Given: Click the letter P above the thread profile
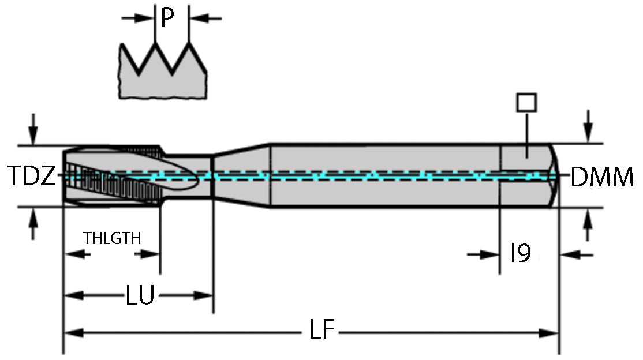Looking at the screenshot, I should (167, 18).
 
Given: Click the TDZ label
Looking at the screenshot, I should (32, 176).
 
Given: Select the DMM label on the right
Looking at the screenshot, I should (601, 178).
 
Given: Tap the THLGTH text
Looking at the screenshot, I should (112, 238).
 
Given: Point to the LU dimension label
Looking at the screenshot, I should (140, 296).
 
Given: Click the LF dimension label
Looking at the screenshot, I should (321, 331).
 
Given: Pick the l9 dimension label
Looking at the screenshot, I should (520, 254).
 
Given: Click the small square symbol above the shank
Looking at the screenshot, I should (526, 103).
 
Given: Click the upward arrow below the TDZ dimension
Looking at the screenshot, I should (33, 222).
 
